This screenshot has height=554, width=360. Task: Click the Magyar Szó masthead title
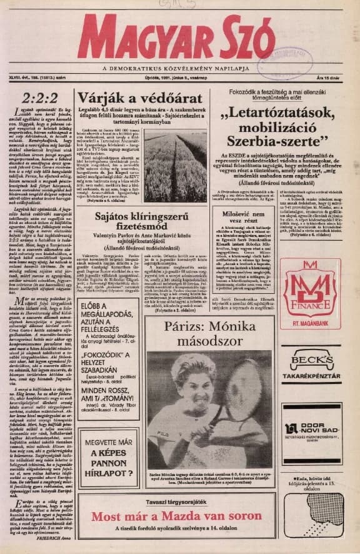(178, 38)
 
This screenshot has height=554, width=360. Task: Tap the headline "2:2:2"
(39, 98)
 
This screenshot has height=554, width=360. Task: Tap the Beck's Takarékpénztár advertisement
(311, 363)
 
